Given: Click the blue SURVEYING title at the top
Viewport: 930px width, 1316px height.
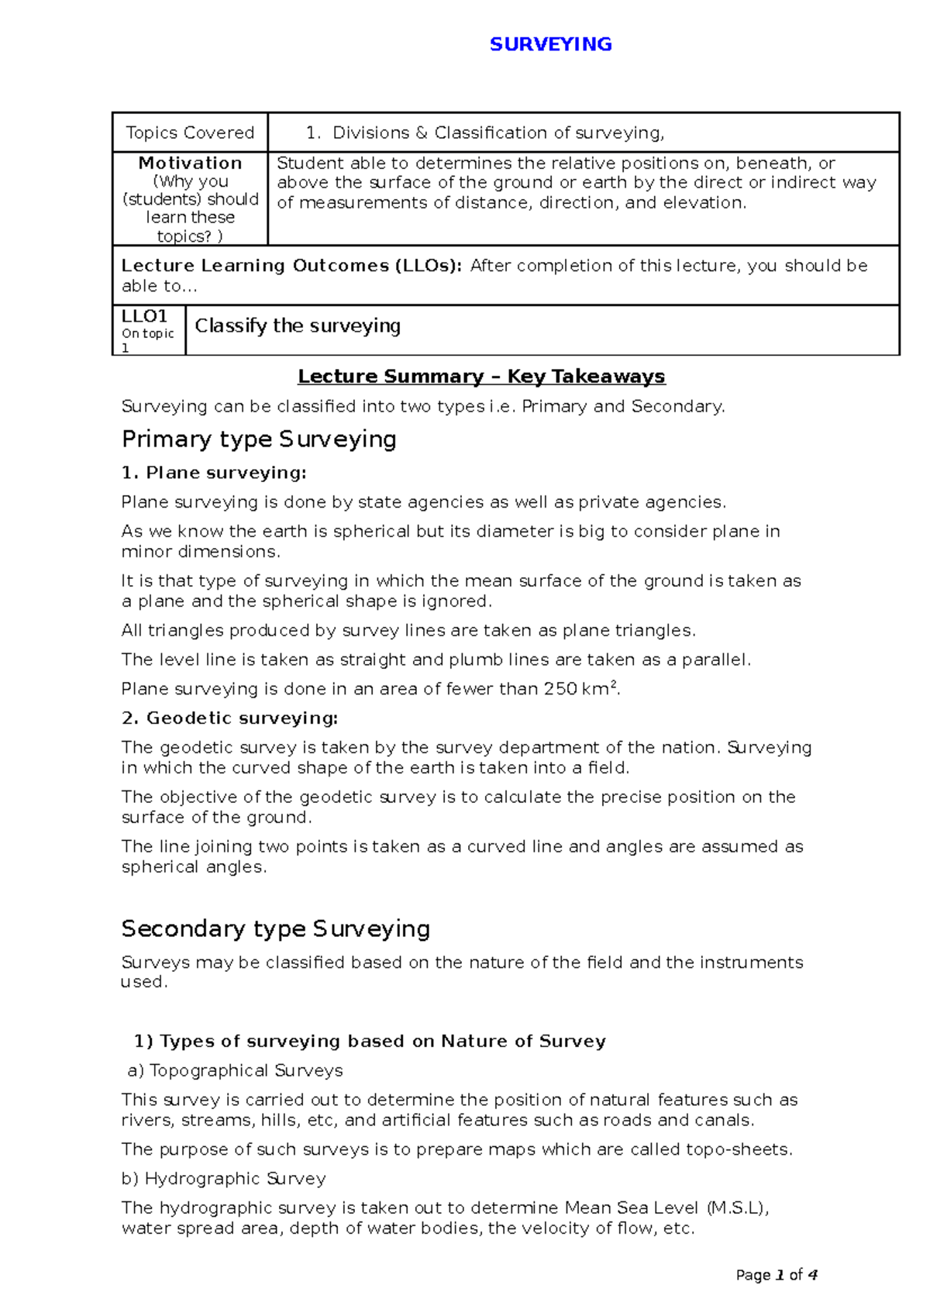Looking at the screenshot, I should (550, 44).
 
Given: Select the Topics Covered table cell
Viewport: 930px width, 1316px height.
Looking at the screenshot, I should (190, 133).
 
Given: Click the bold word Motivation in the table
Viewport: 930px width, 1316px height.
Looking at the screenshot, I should (190, 163).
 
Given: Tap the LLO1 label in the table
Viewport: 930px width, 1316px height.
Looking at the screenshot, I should (145, 316).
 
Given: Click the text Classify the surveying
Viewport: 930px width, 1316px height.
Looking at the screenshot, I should (298, 326).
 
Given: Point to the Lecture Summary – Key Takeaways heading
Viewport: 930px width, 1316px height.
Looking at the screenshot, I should (481, 377).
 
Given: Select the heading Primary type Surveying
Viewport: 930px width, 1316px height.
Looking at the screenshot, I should (259, 439).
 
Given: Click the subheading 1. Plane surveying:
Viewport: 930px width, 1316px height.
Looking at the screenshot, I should (214, 473).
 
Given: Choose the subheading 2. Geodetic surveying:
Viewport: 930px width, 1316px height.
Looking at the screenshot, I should (229, 718).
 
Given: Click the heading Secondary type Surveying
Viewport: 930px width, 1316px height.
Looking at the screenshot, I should (275, 928).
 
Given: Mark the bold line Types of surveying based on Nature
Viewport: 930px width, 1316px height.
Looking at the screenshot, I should (370, 1041).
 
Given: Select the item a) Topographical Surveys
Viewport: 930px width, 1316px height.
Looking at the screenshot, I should (235, 1070).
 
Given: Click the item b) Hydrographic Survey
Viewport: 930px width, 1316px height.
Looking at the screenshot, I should (223, 1179).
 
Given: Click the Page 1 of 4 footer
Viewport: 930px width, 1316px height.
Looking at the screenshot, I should (777, 1275).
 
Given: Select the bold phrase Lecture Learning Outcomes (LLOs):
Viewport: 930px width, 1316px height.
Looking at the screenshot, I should (291, 266).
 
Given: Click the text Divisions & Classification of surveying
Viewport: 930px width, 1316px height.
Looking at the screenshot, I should (498, 133).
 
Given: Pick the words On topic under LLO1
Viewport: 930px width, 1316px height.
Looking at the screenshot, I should (147, 334).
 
